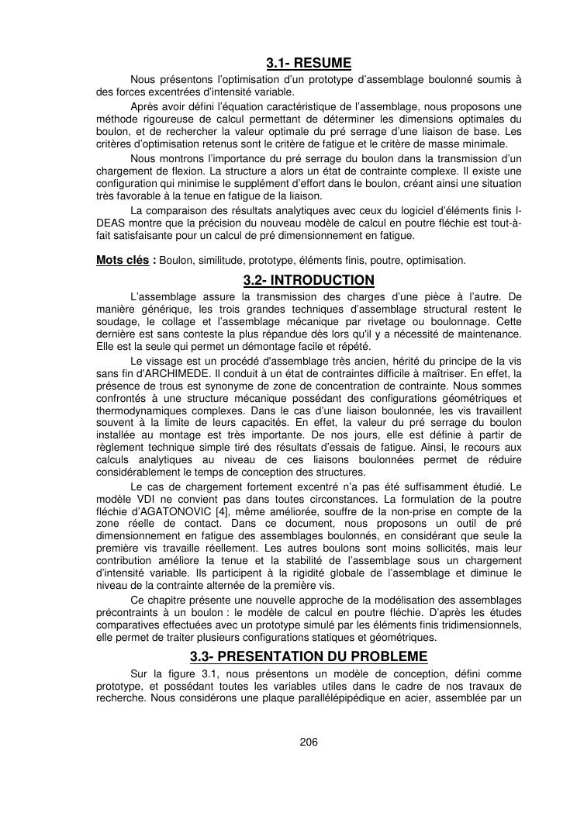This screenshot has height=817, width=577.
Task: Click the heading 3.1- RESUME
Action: coord(309,63)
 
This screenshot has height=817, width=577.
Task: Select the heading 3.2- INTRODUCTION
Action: coord(309,280)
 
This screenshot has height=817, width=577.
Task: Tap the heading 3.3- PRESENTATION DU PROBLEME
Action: coord(309,656)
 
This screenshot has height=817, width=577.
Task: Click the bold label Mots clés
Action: coord(122,260)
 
